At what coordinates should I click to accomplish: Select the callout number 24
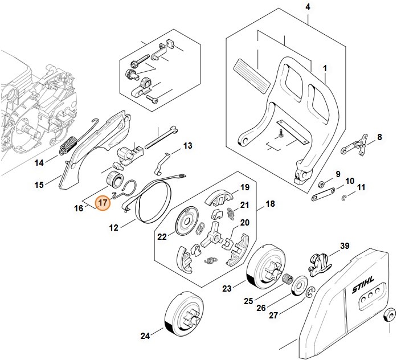pyautogui.click(x=145, y=336)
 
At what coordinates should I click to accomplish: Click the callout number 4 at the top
pyautogui.click(x=308, y=7)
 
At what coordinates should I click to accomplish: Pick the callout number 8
pyautogui.click(x=379, y=137)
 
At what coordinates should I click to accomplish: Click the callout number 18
pyautogui.click(x=270, y=203)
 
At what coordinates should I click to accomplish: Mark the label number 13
pyautogui.click(x=187, y=146)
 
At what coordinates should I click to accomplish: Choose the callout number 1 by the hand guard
pyautogui.click(x=325, y=68)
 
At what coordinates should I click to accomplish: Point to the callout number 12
pyautogui.click(x=114, y=228)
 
